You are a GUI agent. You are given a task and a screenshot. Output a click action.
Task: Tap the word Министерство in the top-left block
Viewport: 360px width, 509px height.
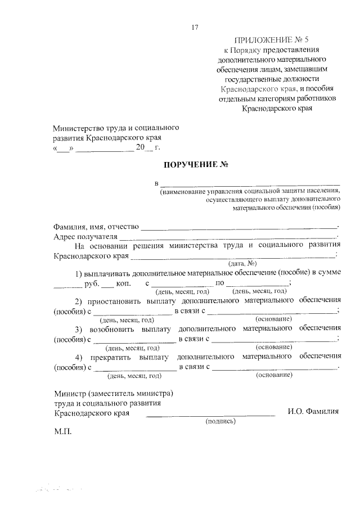click(79, 128)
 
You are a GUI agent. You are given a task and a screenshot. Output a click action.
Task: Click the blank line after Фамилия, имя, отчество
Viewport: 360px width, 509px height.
click(238, 228)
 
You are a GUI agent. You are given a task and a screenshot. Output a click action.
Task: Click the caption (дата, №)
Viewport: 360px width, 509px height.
click(242, 264)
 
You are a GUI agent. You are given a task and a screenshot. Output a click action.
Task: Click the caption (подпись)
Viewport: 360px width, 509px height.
click(220, 421)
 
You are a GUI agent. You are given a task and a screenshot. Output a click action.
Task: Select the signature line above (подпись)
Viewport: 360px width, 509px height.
click(210, 415)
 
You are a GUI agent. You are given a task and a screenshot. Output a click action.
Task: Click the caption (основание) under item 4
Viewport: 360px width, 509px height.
click(274, 374)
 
